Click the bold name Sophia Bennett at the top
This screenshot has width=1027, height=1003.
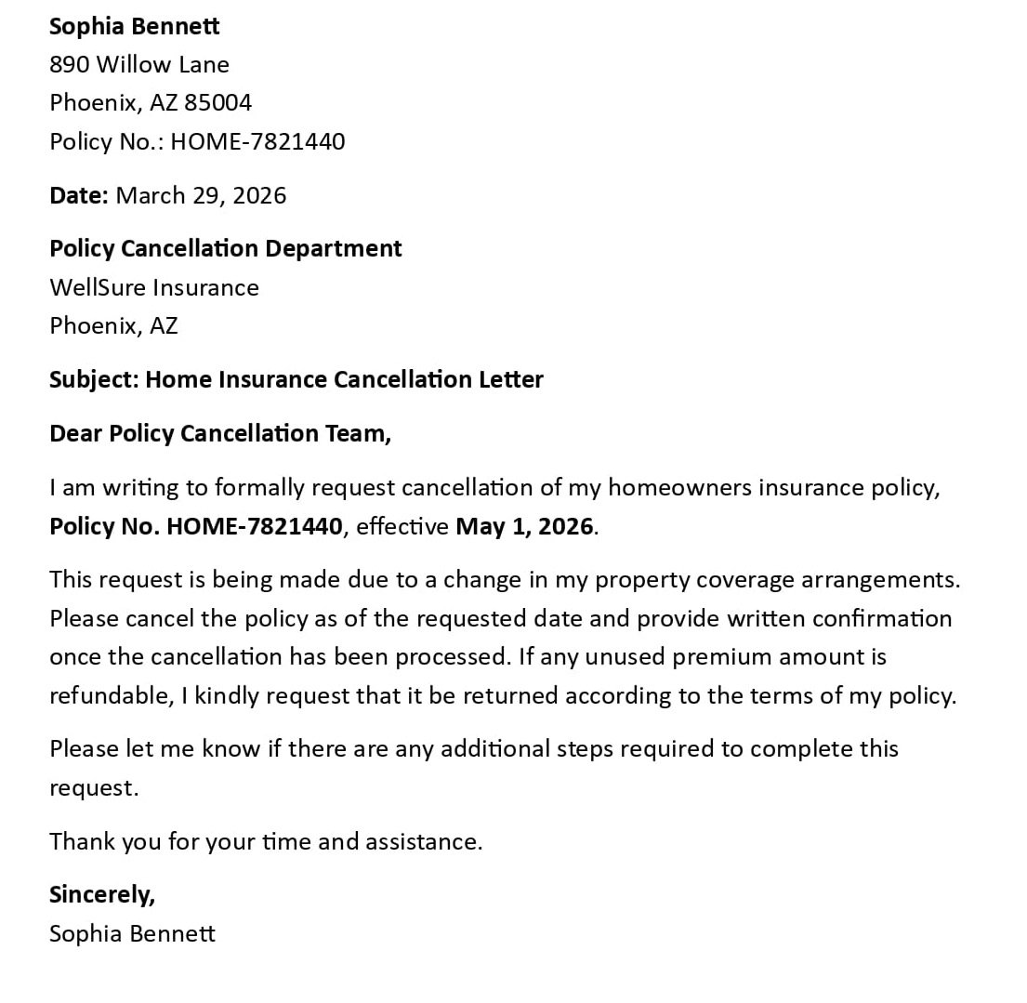[134, 26]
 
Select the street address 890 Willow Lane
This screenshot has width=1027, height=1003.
[139, 64]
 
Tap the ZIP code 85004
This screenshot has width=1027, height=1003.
[217, 102]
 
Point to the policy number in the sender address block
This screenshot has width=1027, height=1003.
[257, 141]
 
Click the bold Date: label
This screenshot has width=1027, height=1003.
[79, 195]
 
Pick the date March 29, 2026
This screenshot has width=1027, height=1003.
[201, 195]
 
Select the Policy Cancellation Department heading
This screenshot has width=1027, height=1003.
[225, 248]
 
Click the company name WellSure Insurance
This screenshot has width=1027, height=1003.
[154, 287]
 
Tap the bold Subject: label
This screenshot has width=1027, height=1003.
[94, 379]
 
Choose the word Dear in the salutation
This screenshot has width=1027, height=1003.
[76, 433]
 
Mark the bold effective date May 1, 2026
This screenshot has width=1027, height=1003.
[524, 526]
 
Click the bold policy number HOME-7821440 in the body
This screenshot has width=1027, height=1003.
[254, 526]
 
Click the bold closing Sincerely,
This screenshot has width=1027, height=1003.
[102, 894]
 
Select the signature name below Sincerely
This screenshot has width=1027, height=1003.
[132, 933]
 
